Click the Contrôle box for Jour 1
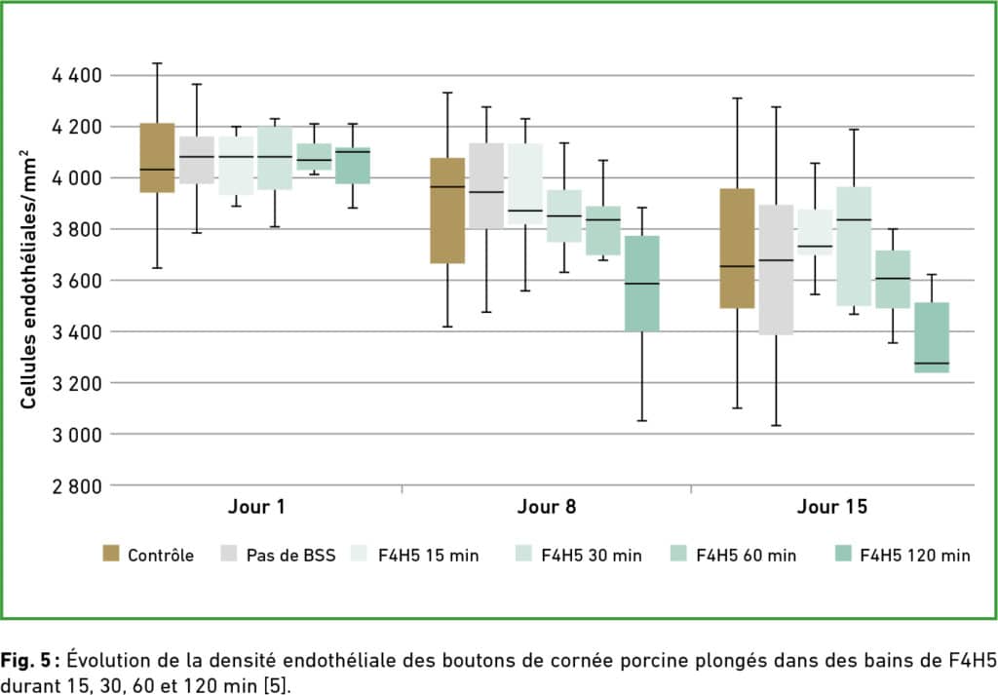(x=157, y=158)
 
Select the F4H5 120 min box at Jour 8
(x=641, y=283)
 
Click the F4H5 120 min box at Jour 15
(x=931, y=337)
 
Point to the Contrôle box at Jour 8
(x=447, y=211)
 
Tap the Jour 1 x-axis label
(x=256, y=508)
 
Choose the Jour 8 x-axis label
(x=546, y=508)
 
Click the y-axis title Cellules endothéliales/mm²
(x=30, y=279)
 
